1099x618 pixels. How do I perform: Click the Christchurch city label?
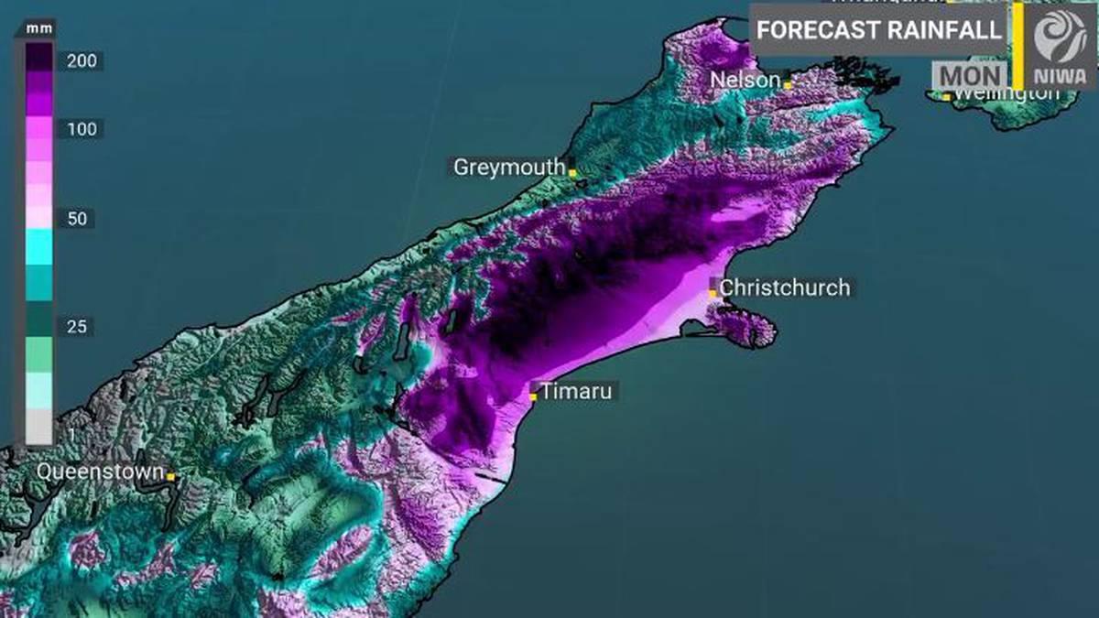point(785,287)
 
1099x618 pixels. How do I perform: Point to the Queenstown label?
point(101,472)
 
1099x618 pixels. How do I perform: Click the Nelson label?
point(745,80)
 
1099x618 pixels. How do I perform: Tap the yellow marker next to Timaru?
point(534,396)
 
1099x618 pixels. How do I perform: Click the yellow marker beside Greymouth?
point(572,172)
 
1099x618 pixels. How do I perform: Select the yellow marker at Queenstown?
point(171,476)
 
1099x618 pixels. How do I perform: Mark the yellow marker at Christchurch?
point(713,292)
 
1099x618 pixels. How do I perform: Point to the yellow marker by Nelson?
point(787,84)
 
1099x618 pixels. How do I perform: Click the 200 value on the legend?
point(82,61)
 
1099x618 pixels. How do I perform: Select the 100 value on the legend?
point(82,129)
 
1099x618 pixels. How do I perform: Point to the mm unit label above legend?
point(39,28)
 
